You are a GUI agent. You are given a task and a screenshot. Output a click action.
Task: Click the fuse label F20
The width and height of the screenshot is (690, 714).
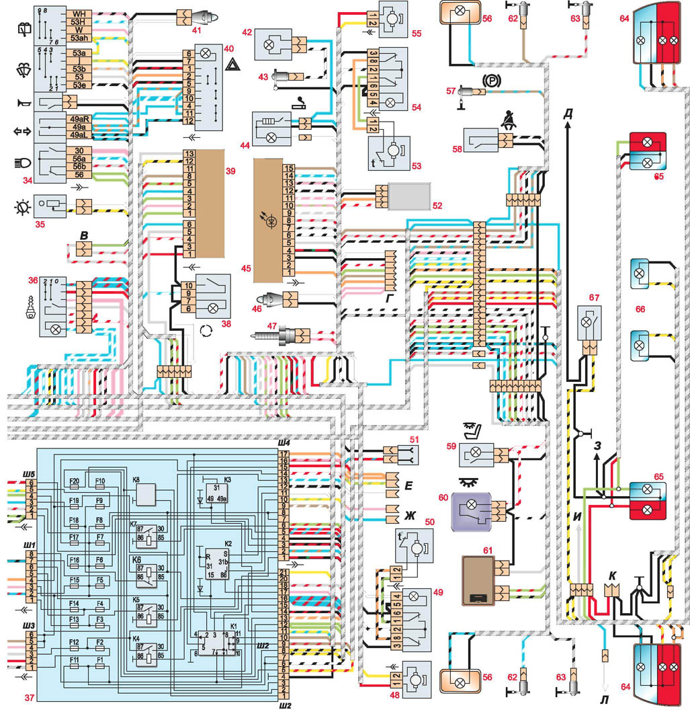[74, 481]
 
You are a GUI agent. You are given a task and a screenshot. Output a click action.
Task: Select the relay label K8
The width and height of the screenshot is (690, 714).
[136, 480]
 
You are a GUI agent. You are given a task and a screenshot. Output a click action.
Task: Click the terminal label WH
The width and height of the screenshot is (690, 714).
[79, 13]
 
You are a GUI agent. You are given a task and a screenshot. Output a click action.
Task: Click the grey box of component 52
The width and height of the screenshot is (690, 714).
[412, 196]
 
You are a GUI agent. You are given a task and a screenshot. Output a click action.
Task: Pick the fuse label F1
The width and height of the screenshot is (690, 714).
[99, 660]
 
